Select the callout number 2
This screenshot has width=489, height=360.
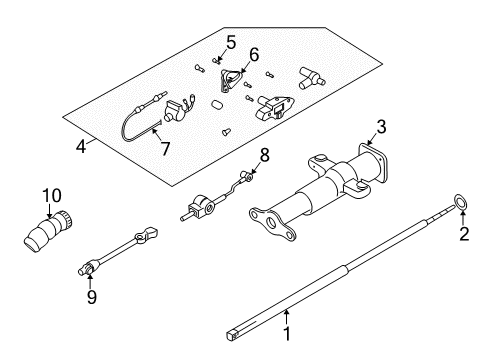[x=462, y=264]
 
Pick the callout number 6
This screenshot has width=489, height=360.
[x=253, y=55]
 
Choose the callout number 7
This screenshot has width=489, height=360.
[x=164, y=149]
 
